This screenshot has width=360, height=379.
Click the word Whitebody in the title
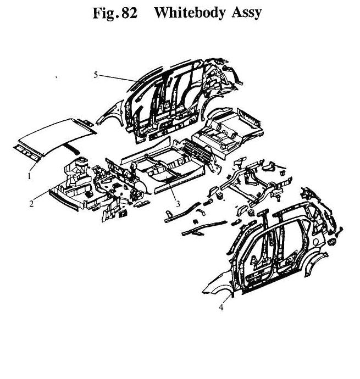[191, 13]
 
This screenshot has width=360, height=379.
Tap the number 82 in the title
[129, 13]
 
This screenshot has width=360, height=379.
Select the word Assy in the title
[247, 13]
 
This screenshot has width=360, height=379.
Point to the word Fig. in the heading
[106, 13]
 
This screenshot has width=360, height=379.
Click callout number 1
[29, 176]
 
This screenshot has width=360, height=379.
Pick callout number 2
[31, 204]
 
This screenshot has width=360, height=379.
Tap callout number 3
[178, 204]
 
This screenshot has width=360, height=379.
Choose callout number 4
[221, 307]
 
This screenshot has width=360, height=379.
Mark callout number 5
[96, 75]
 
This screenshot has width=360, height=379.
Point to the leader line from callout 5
[118, 78]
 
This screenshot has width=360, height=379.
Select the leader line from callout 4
[228, 298]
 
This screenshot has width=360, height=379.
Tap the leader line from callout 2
[42, 196]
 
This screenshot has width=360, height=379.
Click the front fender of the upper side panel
[111, 113]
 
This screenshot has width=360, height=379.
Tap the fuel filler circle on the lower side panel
[316, 241]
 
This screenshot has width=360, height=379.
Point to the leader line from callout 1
[35, 165]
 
